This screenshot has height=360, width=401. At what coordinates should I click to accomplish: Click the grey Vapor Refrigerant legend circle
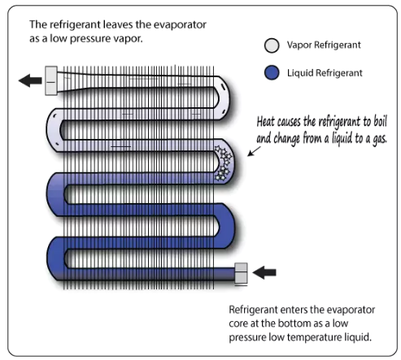click(x=272, y=46)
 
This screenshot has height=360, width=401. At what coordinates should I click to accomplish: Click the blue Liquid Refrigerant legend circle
click(x=272, y=72)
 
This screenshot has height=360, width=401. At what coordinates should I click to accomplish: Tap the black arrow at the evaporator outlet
click(x=30, y=80)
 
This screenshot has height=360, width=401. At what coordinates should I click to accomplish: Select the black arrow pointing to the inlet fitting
click(x=264, y=272)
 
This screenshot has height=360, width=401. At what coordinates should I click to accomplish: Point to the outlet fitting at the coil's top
click(x=51, y=80)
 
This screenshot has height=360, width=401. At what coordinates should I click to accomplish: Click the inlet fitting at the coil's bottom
click(x=241, y=274)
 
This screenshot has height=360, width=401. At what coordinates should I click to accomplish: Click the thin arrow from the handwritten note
click(x=254, y=151)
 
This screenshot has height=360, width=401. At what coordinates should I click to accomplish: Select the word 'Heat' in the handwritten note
click(x=266, y=122)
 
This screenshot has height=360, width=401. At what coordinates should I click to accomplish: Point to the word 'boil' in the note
click(x=381, y=121)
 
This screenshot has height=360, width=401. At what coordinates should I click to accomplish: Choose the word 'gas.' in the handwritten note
click(x=380, y=139)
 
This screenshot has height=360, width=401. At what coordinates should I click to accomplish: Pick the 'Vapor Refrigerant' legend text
click(x=324, y=45)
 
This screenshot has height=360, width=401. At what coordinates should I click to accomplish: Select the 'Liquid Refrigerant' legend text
click(x=325, y=73)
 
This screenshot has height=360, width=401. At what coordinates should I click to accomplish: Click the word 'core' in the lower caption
click(x=238, y=323)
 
